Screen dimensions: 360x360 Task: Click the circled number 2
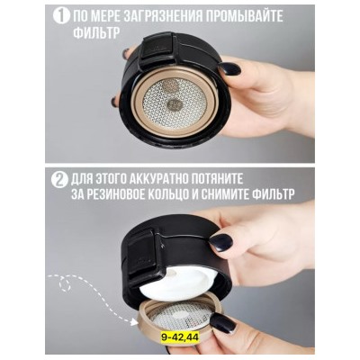(x=59, y=181)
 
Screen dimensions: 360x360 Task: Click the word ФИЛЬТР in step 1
(x=96, y=32)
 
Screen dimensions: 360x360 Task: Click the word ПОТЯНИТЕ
(x=215, y=180)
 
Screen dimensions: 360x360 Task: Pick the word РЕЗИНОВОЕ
(x=114, y=195)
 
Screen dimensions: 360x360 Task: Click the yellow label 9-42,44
(x=180, y=337)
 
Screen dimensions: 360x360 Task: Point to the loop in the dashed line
(x=65, y=283)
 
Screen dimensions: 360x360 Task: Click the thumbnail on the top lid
(x=229, y=69)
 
